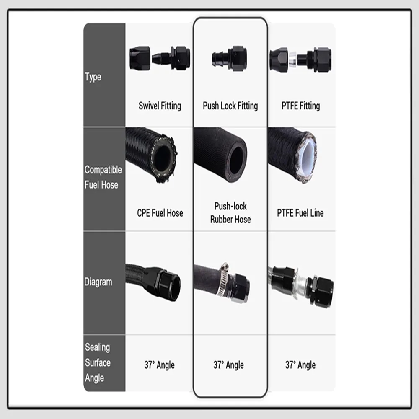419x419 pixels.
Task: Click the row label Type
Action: point(93,77)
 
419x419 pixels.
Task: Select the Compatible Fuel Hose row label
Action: point(103,177)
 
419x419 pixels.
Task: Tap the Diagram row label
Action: point(98,282)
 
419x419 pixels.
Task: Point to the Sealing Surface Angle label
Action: point(98,362)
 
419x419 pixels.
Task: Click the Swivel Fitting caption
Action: point(160,106)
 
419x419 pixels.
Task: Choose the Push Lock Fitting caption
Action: point(230,106)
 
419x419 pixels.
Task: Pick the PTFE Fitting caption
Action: point(300,106)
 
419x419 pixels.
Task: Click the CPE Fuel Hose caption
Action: point(160,213)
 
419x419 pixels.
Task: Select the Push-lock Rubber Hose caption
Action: point(230,213)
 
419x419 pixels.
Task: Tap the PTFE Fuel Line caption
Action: point(300,213)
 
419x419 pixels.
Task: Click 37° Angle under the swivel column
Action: point(160,365)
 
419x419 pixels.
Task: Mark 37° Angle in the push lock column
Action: point(229,365)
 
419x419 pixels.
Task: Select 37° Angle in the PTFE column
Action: point(300,365)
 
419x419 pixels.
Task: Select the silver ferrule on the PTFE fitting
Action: point(292,59)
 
